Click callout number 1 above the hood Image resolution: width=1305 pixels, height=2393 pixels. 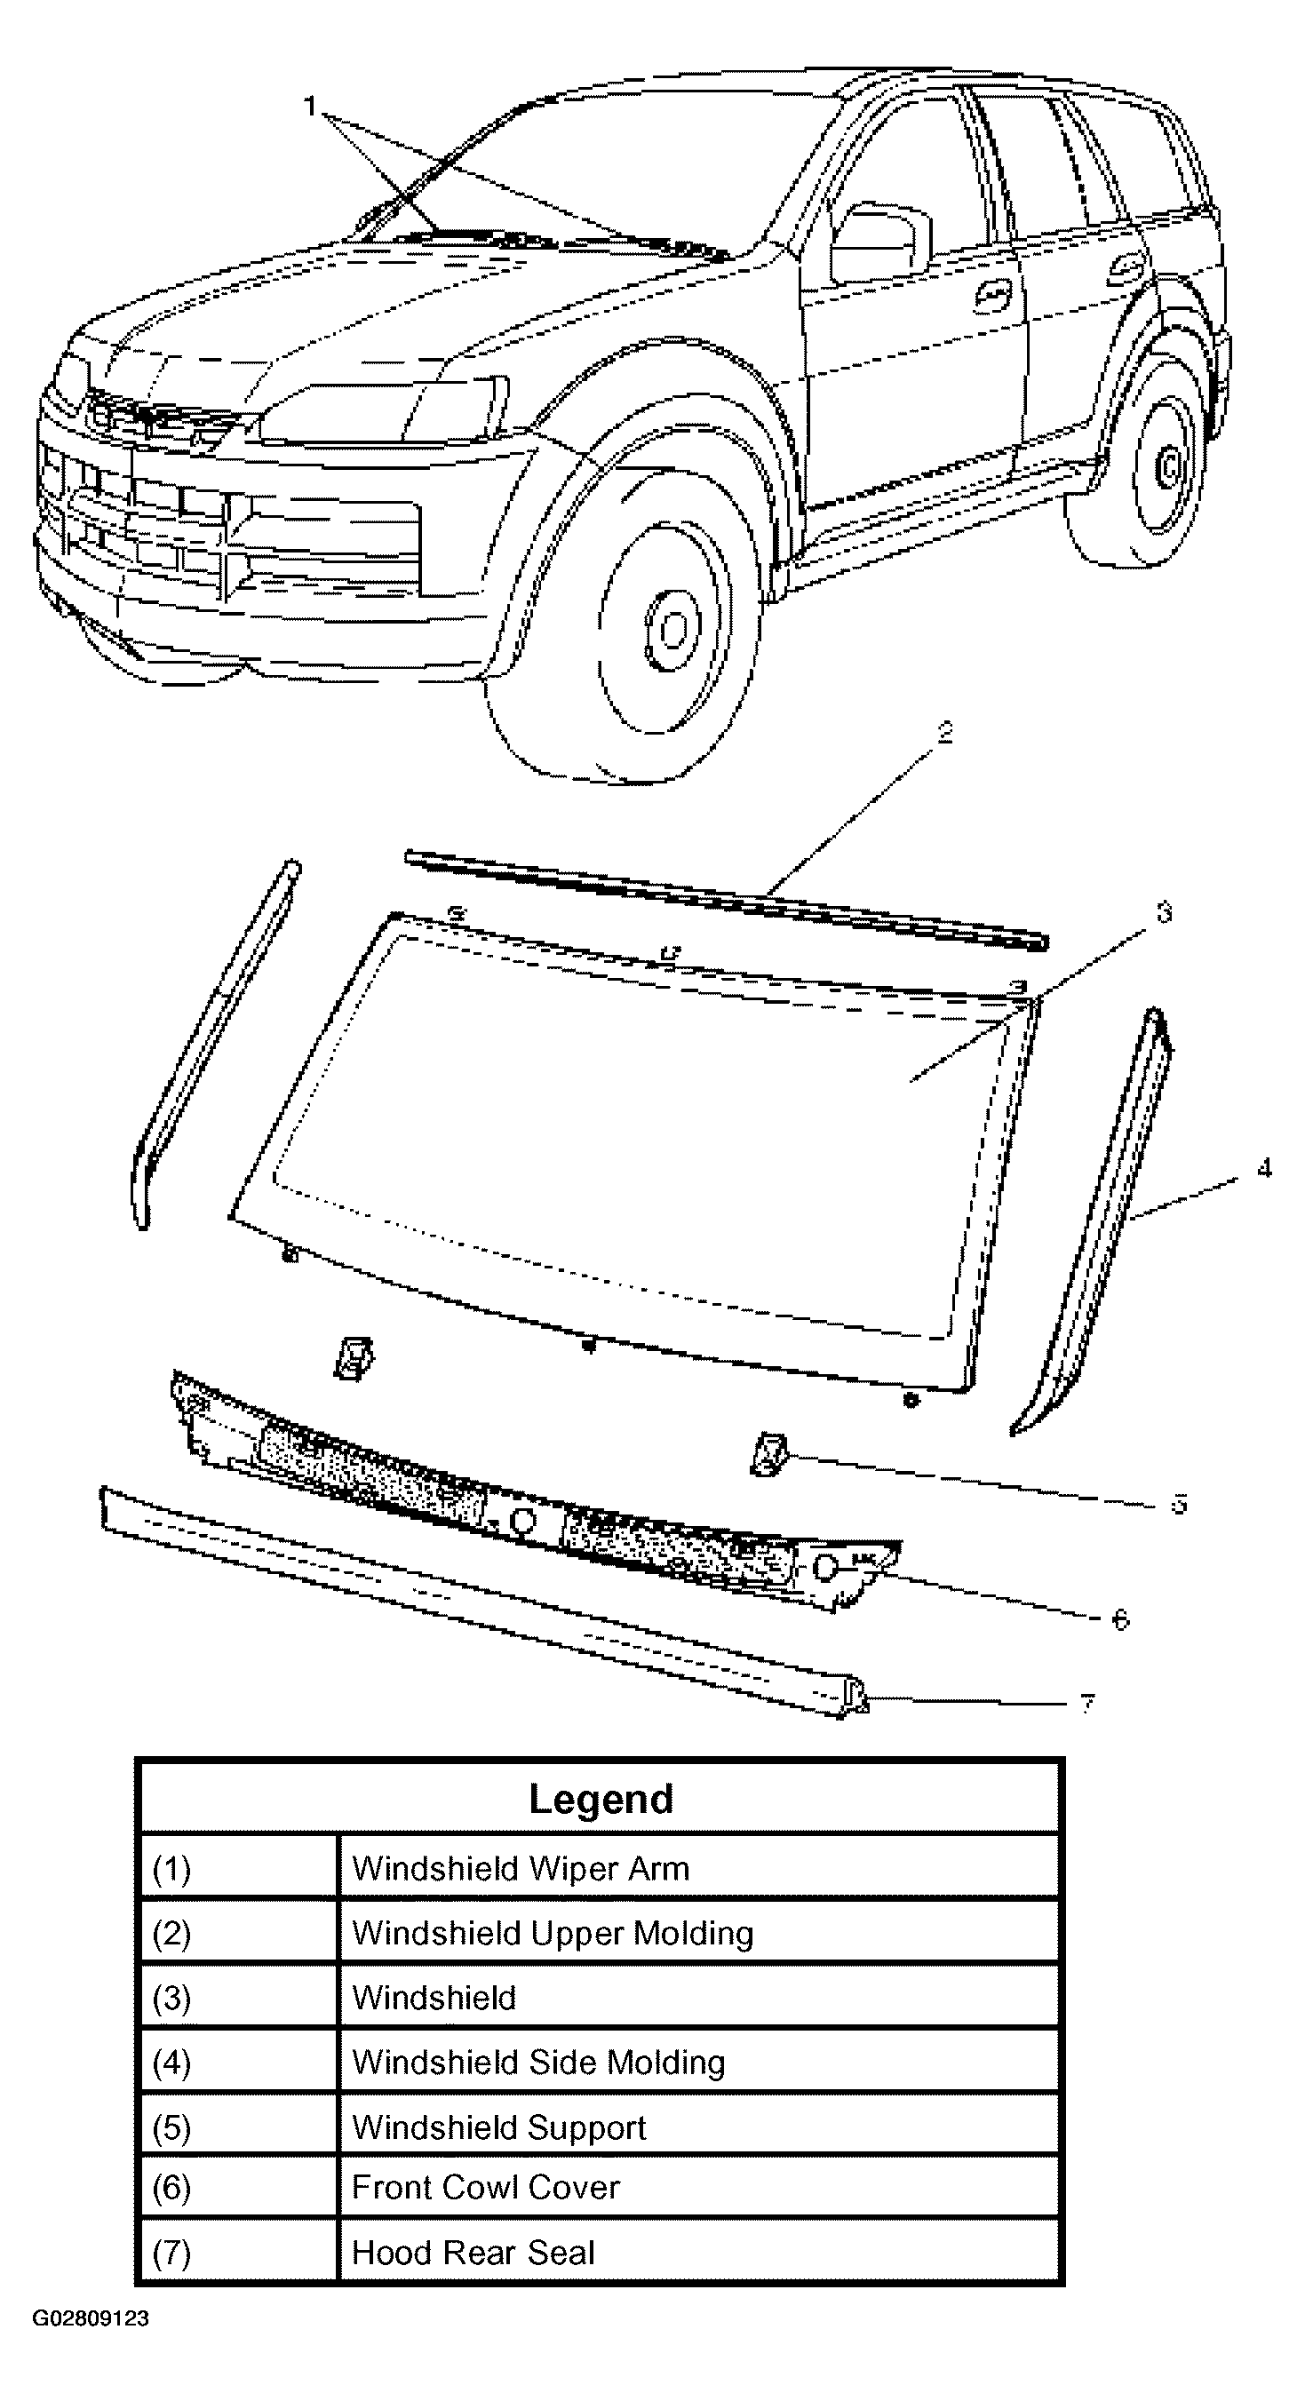[310, 106]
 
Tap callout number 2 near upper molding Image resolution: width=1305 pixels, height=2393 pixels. [944, 733]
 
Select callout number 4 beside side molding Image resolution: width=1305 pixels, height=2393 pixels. [1263, 1169]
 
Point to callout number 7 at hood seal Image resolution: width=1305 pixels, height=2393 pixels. [1087, 1704]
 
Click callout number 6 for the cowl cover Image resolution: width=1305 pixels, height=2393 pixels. [1120, 1620]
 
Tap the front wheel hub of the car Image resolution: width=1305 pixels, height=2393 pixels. [671, 632]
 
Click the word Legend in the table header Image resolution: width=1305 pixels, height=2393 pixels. [600, 1800]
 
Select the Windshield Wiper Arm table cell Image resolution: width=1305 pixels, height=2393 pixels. [521, 1868]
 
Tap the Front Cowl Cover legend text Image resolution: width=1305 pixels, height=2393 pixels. [485, 2187]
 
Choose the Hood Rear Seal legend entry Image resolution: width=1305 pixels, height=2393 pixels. [473, 2252]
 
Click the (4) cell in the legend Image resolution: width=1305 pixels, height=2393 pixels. [171, 2063]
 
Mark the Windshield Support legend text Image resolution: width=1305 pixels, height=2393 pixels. [498, 2127]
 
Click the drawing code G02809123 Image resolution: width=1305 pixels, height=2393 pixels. [90, 2318]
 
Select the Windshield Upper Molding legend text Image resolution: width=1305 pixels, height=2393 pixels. [553, 1933]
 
